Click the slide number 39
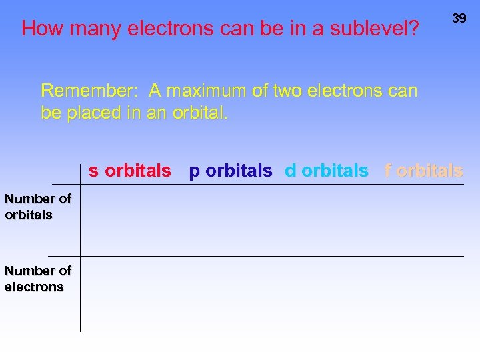click(x=459, y=19)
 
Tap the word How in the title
click(x=43, y=29)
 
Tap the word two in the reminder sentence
click(x=285, y=90)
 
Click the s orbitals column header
click(x=130, y=171)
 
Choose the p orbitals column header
click(x=230, y=171)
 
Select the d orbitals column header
click(x=326, y=171)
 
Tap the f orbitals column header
click(x=423, y=171)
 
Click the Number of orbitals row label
click(x=38, y=207)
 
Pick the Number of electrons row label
click(x=38, y=279)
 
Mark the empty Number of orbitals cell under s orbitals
click(x=130, y=220)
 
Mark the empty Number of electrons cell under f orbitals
click(x=423, y=293)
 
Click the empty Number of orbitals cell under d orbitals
click(x=326, y=220)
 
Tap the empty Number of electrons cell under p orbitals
click(x=230, y=293)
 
